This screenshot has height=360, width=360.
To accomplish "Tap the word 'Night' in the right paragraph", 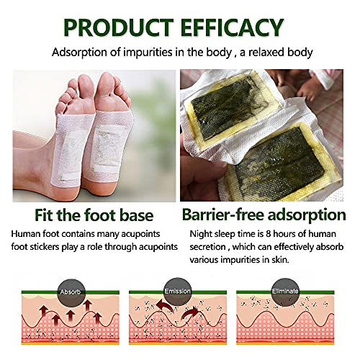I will coord(201,234).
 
